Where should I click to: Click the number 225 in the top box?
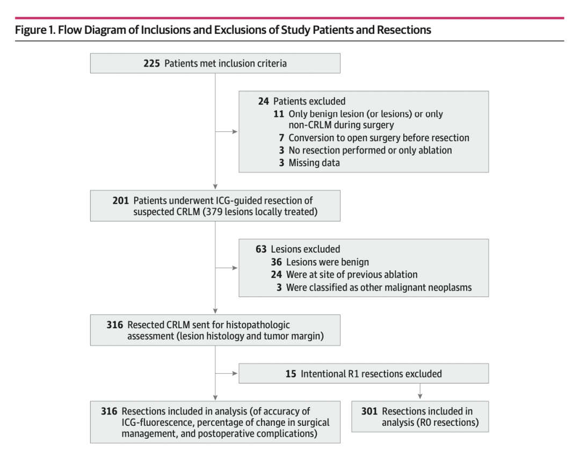(x=151, y=63)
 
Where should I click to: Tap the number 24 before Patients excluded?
(x=263, y=101)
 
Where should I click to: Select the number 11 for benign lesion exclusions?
(x=279, y=114)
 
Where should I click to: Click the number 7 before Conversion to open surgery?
(x=281, y=138)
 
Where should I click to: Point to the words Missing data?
(x=314, y=163)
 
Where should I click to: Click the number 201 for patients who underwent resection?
(x=121, y=201)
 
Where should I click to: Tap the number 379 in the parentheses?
(x=214, y=212)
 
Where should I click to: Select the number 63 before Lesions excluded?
(x=261, y=249)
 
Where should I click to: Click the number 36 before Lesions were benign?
(x=277, y=262)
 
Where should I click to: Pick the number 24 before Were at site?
(x=277, y=275)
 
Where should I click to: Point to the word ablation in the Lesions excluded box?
(x=401, y=275)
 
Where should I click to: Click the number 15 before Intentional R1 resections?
(x=291, y=374)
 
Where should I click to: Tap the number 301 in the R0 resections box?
(x=369, y=411)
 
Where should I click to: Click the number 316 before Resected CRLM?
(x=115, y=325)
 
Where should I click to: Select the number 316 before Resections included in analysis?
(x=109, y=411)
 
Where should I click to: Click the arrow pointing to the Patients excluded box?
(x=227, y=132)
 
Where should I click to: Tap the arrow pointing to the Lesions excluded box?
(x=227, y=268)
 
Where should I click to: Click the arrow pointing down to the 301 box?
(x=420, y=391)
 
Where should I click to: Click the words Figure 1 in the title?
(x=35, y=30)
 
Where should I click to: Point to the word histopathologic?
(x=258, y=325)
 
